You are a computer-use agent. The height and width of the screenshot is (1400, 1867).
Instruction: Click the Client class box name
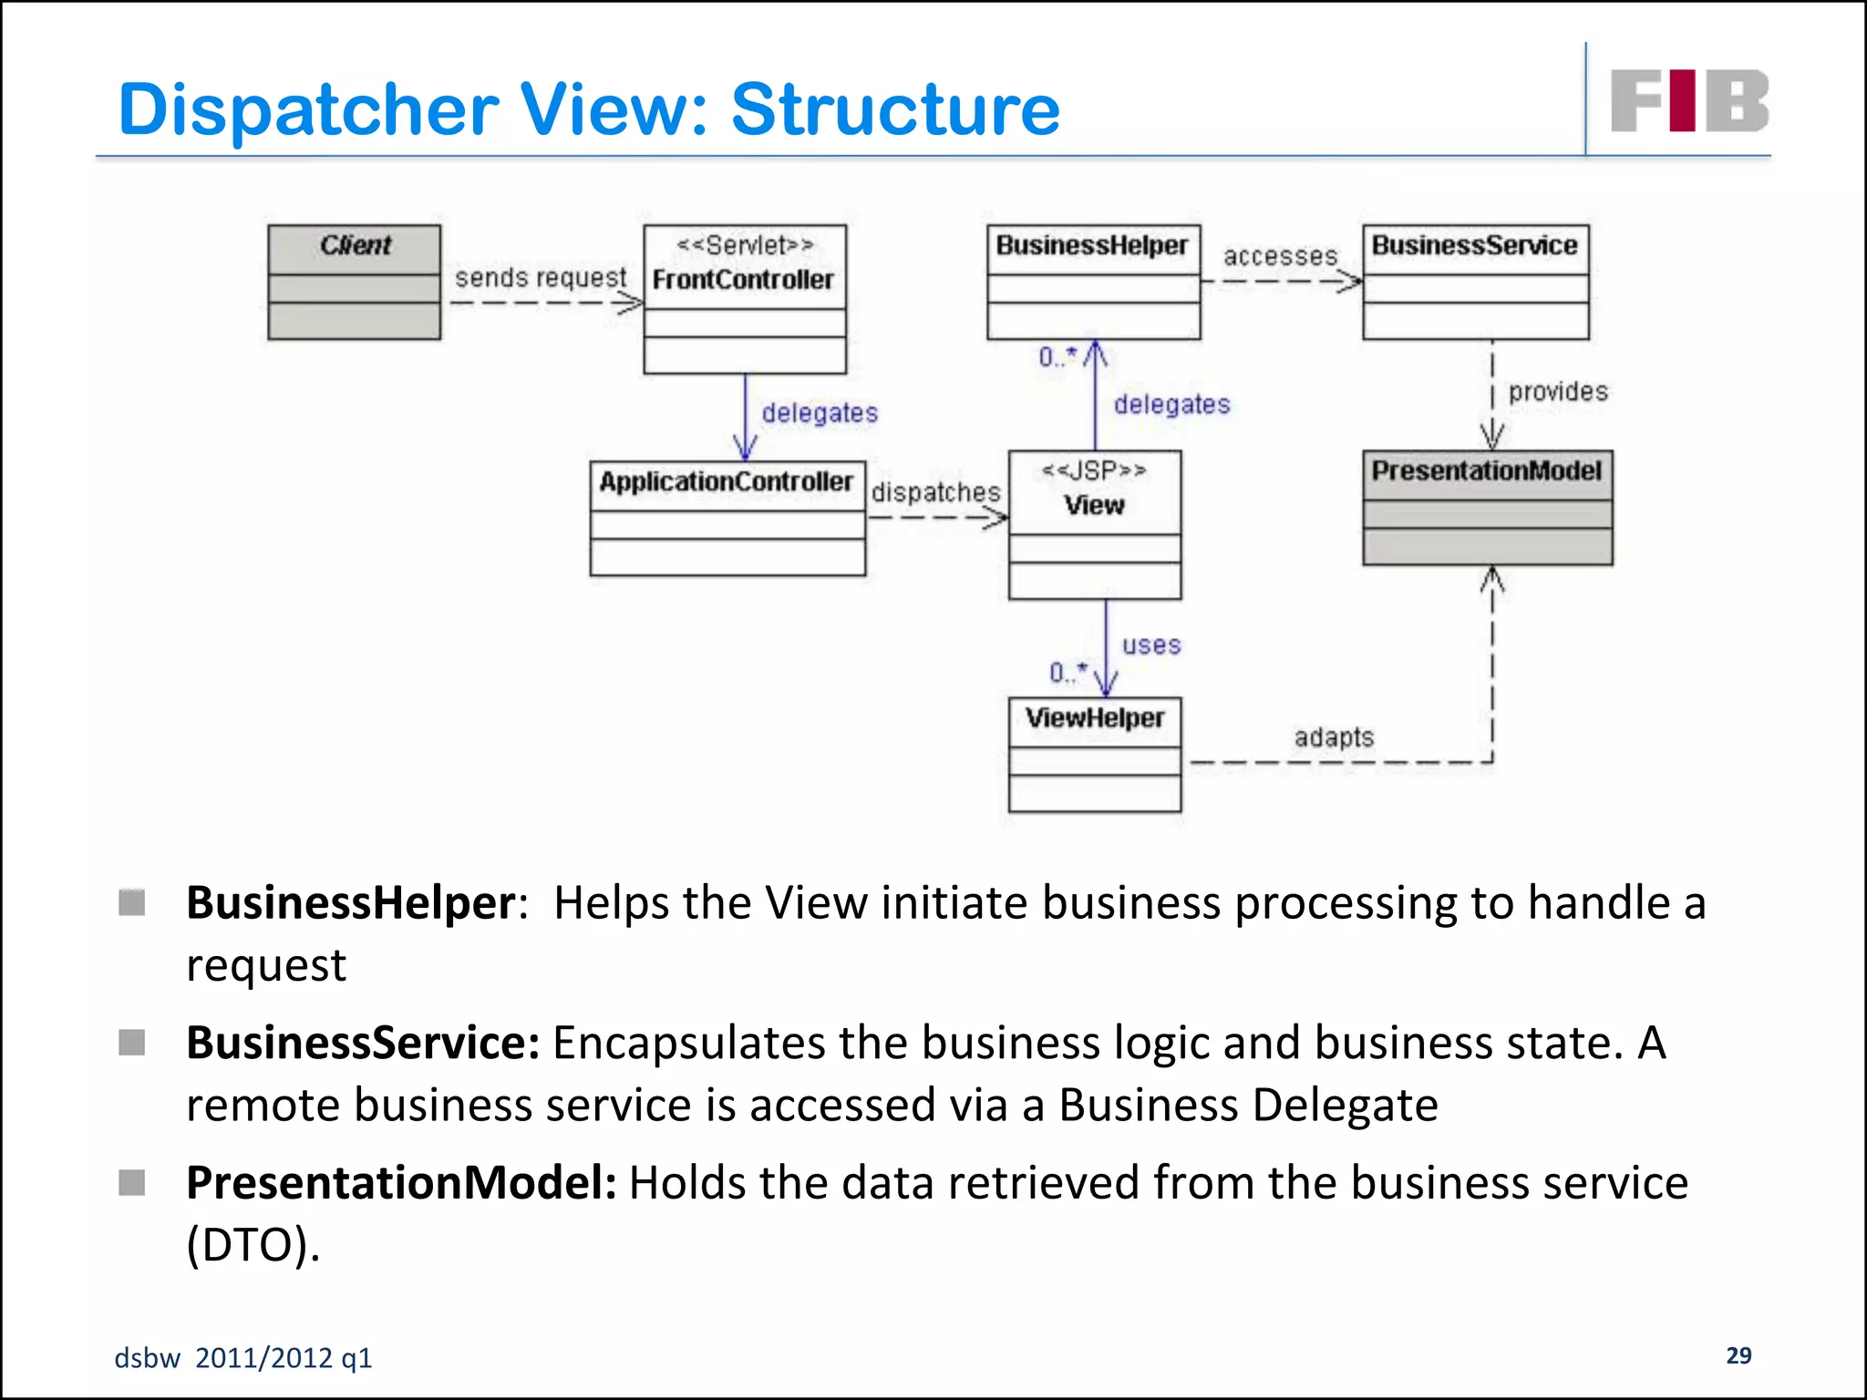tap(355, 245)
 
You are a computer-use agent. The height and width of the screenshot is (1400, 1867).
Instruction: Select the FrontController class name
tap(743, 280)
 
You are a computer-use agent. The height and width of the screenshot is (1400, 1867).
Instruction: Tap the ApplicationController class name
tap(726, 481)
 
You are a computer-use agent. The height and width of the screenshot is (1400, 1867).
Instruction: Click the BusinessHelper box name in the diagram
tap(1091, 245)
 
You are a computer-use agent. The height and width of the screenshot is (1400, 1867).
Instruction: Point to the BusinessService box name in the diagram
tap(1474, 245)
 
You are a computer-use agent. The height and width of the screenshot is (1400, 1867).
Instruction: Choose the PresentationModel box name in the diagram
tap(1486, 470)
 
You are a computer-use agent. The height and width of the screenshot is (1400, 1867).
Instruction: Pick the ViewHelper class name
tap(1094, 718)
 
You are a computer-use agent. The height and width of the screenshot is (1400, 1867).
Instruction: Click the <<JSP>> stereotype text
tap(1094, 471)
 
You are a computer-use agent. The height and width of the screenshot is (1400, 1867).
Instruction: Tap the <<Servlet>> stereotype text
tap(745, 245)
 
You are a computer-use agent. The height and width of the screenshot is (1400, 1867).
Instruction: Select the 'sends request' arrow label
tap(541, 277)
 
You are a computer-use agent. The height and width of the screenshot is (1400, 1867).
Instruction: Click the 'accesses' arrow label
tap(1280, 256)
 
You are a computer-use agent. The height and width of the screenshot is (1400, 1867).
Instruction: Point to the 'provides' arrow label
tap(1558, 392)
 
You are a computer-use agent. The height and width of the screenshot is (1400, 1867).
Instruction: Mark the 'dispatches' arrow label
tap(936, 492)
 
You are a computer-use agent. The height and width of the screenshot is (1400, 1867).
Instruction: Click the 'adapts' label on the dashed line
tap(1334, 736)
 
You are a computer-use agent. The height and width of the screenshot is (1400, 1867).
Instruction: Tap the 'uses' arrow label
tap(1151, 645)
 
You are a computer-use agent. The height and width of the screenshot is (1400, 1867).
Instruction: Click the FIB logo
tap(1689, 101)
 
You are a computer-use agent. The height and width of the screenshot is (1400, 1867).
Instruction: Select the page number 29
tap(1738, 1355)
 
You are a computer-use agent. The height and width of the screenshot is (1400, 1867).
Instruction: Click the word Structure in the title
tap(895, 109)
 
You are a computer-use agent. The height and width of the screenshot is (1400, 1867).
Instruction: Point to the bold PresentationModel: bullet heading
tap(401, 1183)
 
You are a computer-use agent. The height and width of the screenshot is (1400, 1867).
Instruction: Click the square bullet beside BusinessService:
tap(132, 1042)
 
